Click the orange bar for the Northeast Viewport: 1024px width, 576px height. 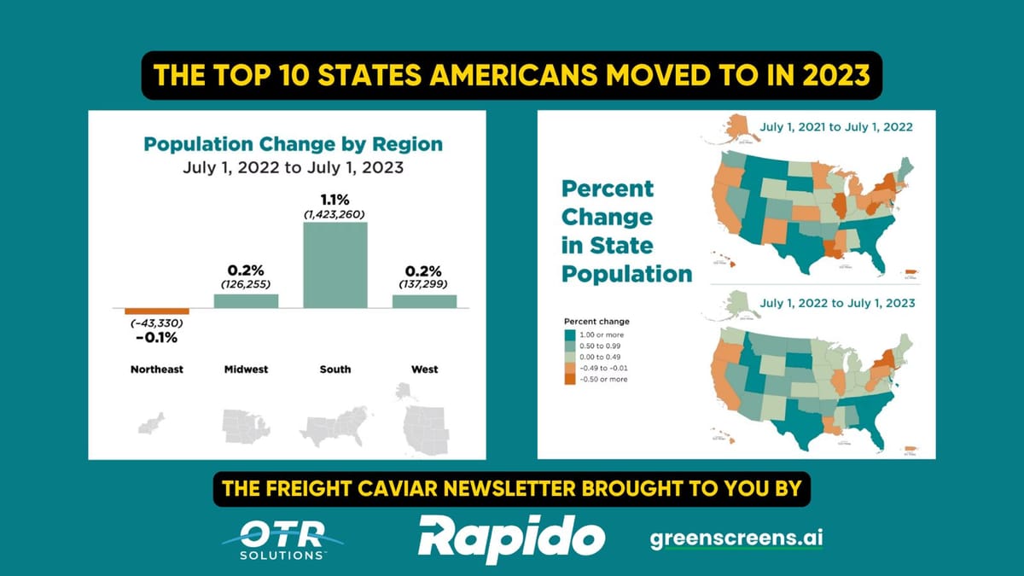[x=156, y=311]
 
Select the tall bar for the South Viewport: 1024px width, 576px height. [x=335, y=264]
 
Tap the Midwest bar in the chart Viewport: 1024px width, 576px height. [x=246, y=300]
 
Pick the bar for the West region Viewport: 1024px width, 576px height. [x=424, y=300]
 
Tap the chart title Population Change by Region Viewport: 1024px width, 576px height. [x=293, y=143]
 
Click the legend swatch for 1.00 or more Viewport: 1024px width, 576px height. [x=570, y=335]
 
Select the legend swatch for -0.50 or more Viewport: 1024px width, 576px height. [x=570, y=379]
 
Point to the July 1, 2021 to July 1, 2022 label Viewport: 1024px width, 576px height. [x=836, y=127]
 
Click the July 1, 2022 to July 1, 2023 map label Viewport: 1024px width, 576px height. [x=837, y=303]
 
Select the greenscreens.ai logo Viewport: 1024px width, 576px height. [x=736, y=539]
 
